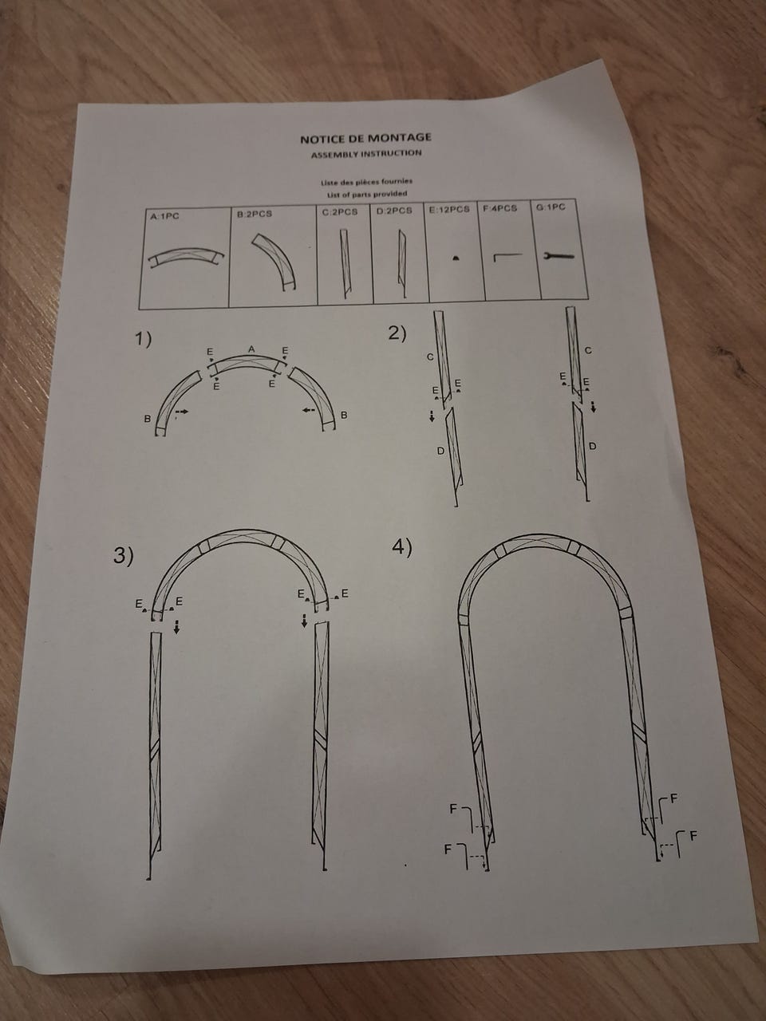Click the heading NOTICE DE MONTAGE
pos(365,138)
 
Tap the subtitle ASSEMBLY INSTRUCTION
pos(366,154)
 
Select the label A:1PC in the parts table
pos(164,216)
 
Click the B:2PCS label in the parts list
pos(255,214)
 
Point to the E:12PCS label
pos(449,209)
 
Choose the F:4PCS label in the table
pos(500,208)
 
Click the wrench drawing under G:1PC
pos(559,255)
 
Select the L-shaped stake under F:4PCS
pos(508,256)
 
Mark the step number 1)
pos(144,339)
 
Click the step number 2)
pos(397,333)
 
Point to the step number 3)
pos(123,555)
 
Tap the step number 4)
pos(402,547)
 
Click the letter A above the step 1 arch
pos(251,349)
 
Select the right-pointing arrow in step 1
pos(182,411)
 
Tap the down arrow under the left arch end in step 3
pos(176,626)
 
